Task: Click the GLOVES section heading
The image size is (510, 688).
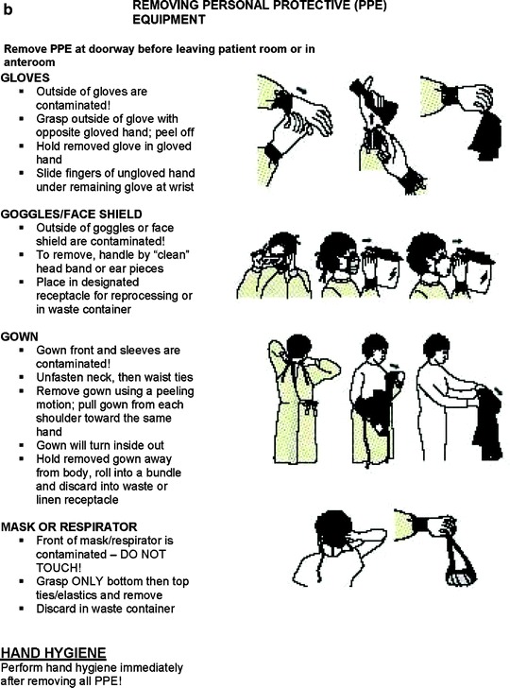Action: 25,77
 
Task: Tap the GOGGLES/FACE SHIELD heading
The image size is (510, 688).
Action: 72,215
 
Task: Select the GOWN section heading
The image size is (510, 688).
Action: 19,336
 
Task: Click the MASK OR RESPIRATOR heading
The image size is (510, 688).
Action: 69,526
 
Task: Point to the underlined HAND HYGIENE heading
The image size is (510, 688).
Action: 53,653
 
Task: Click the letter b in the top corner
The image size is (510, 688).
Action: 8,9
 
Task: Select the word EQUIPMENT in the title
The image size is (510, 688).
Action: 169,20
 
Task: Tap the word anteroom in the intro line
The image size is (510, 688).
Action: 29,62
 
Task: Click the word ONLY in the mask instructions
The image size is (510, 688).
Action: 86,581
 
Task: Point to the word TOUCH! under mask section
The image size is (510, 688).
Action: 59,568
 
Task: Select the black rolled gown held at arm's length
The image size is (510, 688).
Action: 488,422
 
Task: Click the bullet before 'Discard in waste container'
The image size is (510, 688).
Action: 22,609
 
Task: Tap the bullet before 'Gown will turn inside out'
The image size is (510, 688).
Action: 22,446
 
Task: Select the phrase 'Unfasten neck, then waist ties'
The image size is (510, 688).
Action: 114,377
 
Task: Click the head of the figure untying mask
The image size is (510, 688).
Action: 334,526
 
